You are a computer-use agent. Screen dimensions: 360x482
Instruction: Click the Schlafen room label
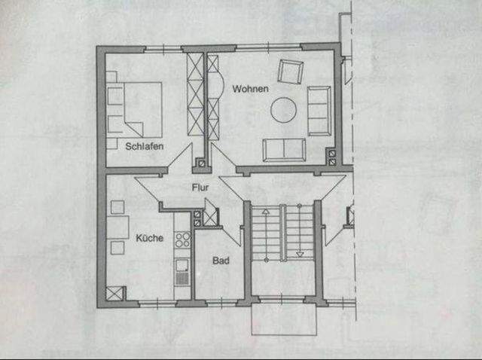[145, 147]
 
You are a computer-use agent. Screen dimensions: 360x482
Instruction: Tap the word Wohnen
[251, 89]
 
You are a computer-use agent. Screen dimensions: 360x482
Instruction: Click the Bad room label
[220, 261]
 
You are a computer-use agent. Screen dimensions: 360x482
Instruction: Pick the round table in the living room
[284, 110]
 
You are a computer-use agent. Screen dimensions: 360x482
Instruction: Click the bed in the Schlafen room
[136, 110]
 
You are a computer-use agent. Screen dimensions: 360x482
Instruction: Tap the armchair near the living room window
[290, 72]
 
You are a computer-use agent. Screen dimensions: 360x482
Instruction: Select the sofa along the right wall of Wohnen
[319, 111]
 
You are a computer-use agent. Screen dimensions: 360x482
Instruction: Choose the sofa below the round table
[284, 149]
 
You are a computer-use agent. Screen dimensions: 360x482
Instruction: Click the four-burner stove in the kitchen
[182, 239]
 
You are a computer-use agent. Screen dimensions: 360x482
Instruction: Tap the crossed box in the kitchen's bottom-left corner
[114, 294]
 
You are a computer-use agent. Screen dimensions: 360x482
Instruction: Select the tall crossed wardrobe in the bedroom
[194, 95]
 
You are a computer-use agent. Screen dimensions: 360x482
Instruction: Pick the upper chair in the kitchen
[117, 206]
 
